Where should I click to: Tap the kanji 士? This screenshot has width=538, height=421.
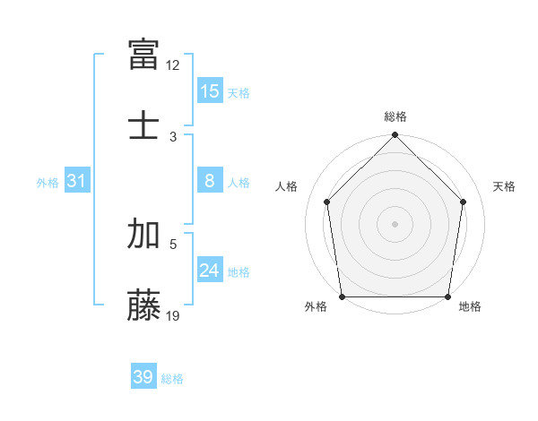144,123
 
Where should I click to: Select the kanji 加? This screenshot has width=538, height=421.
144,234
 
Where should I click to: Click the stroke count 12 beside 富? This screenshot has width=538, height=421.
173,65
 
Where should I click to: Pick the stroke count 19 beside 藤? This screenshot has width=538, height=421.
173,315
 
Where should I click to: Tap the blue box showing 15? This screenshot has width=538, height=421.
210,91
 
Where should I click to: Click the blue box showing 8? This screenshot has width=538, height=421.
210,182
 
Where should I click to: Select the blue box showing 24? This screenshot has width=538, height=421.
210,271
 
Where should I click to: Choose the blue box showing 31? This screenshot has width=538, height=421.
77,182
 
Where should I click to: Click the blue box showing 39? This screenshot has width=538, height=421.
143,377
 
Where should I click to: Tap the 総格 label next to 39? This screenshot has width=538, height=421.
172,379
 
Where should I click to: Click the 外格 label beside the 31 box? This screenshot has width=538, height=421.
48,183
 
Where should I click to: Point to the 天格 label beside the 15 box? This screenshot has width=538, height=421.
239,92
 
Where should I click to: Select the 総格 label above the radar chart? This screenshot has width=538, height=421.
395,116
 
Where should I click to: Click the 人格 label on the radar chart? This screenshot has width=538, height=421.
287,186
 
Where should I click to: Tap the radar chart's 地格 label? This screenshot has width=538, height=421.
470,307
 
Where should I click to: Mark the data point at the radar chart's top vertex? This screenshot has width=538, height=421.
395,136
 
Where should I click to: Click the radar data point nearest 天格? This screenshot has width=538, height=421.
464,202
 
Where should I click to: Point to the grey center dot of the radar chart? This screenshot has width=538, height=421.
395,223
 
